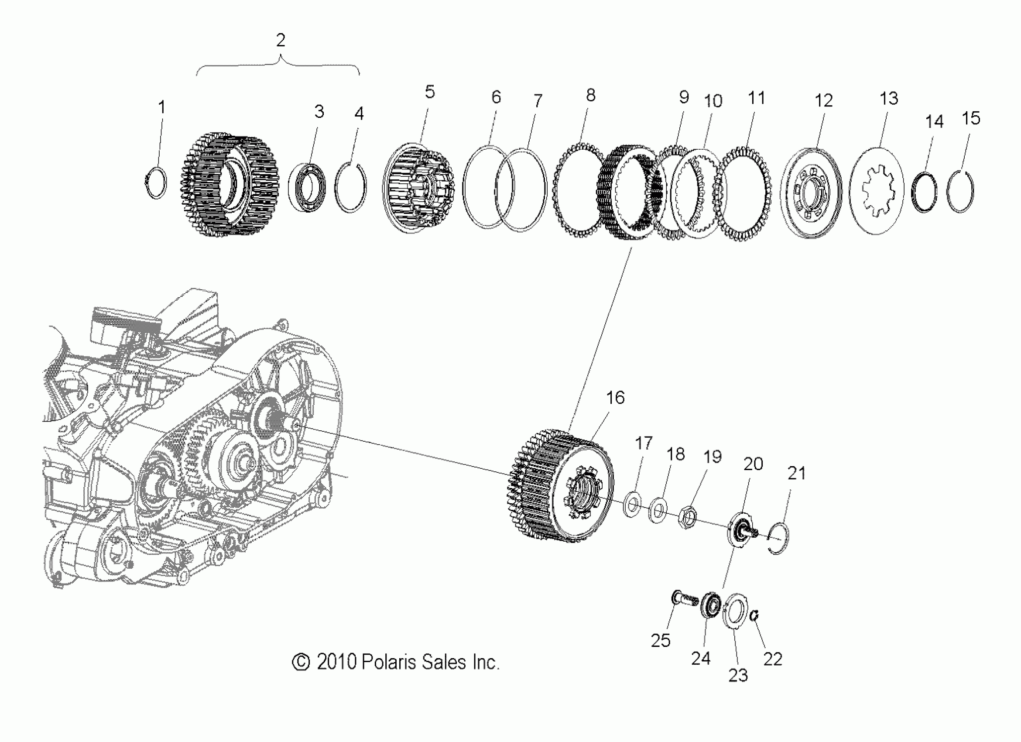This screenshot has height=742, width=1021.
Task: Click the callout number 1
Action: click(x=161, y=108)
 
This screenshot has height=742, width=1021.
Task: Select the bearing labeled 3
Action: click(x=307, y=188)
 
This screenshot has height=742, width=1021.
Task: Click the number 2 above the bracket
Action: click(x=281, y=41)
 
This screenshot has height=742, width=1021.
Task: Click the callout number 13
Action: click(x=889, y=99)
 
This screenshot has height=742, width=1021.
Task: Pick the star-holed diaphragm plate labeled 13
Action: click(x=876, y=191)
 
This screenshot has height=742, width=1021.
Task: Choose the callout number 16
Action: click(x=615, y=398)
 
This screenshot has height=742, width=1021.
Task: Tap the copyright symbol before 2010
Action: click(x=301, y=662)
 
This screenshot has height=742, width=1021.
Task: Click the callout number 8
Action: click(x=591, y=96)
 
